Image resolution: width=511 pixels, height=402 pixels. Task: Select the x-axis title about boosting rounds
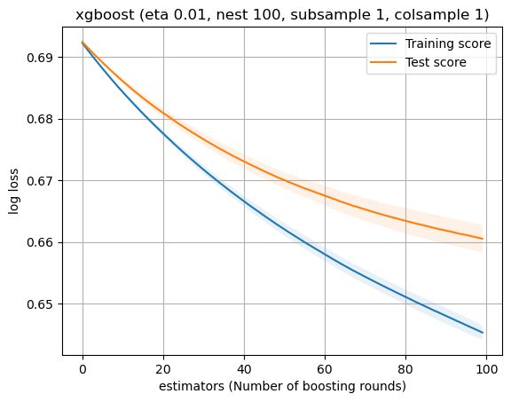tap(282, 387)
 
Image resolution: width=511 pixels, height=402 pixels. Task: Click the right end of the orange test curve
tap(482, 239)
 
